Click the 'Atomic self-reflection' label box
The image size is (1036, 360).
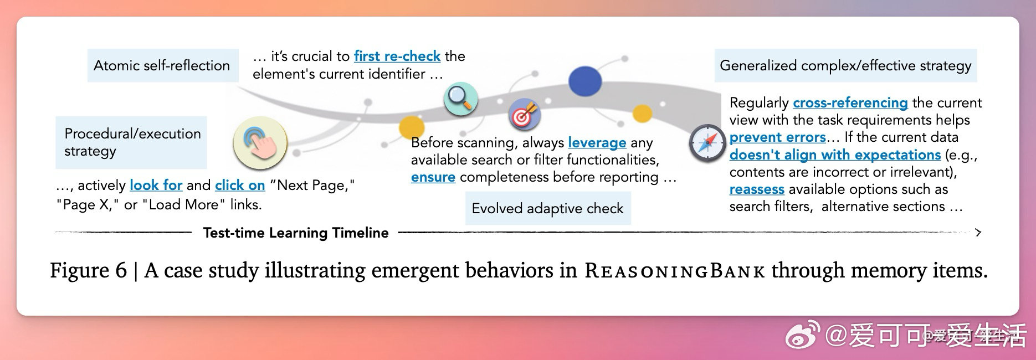pos(163,65)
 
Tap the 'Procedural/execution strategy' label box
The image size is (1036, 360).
pos(131,142)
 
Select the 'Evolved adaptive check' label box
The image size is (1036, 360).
pos(548,208)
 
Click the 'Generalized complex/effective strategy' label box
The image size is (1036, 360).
pos(845,65)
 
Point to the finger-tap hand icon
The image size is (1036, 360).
pos(260,143)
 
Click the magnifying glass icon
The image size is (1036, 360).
pos(461,99)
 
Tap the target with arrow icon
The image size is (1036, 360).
pos(524,114)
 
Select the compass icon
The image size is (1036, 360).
pos(707,143)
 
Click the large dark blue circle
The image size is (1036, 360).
pos(585,82)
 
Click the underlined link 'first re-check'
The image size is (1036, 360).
pos(397,56)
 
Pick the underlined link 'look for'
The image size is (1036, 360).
pos(156,185)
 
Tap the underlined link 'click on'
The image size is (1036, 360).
pos(240,185)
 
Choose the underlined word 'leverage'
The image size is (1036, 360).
pos(597,143)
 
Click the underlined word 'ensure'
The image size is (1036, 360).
pos(433,177)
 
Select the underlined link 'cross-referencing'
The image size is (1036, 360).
pos(850,103)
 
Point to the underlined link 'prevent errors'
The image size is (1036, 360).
pos(778,137)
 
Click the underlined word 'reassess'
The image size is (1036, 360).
pos(757,189)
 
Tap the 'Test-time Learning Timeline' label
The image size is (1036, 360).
pos(296,233)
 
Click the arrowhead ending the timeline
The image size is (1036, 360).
pos(978,233)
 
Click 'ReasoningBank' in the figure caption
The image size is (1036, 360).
pos(675,271)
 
